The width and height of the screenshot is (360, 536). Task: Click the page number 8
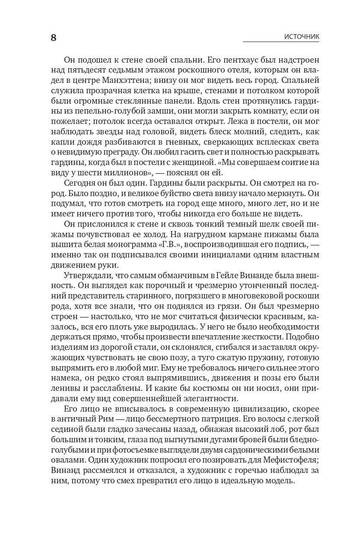pyautogui.click(x=54, y=38)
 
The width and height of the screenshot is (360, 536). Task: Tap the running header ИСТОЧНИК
pyautogui.click(x=302, y=37)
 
